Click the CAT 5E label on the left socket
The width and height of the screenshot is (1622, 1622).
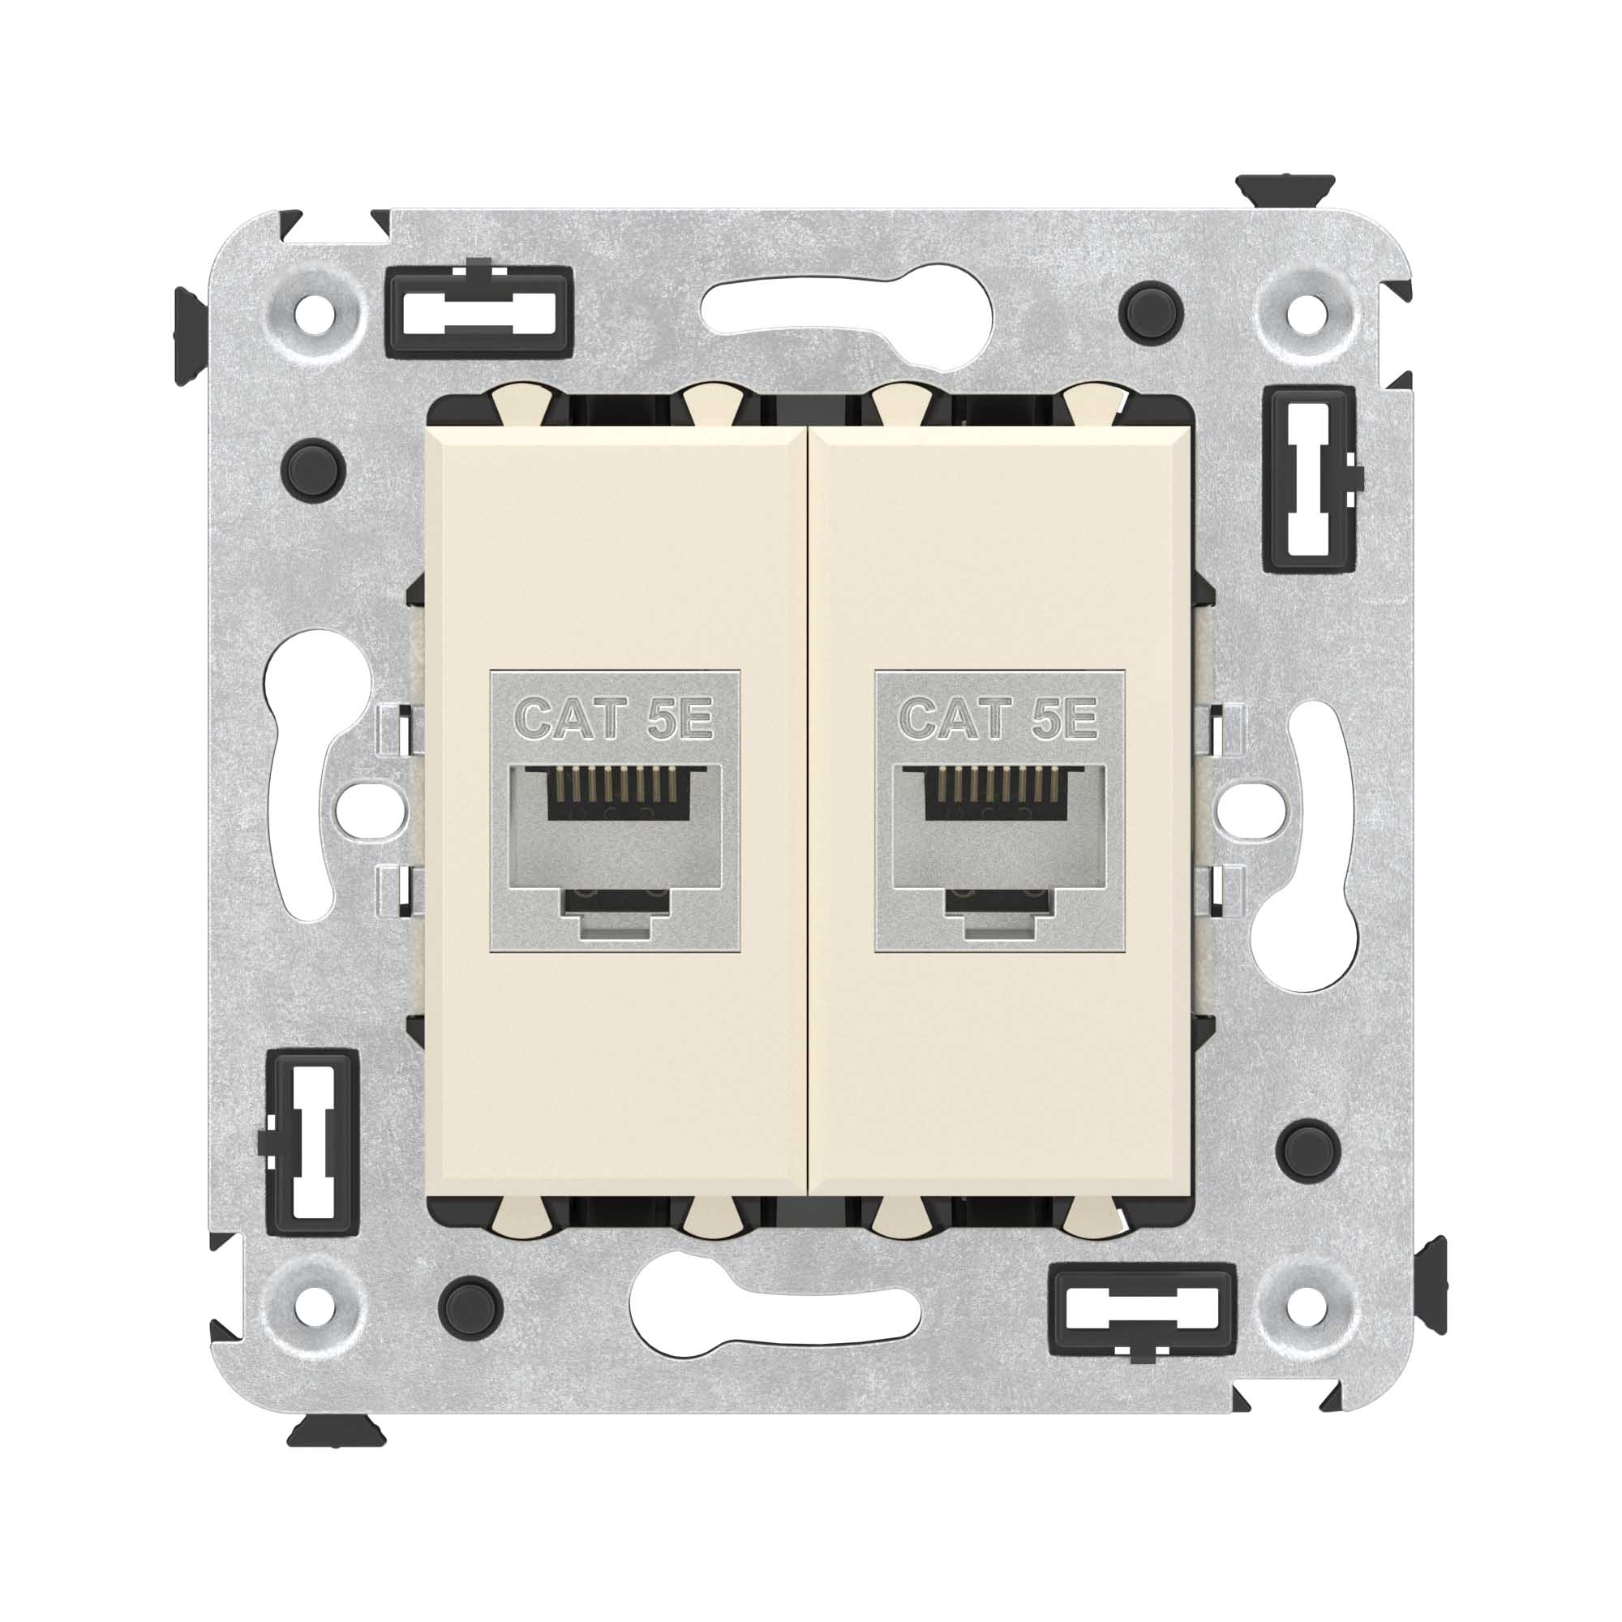pyautogui.click(x=614, y=719)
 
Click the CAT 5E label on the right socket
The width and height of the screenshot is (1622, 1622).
pyautogui.click(x=999, y=719)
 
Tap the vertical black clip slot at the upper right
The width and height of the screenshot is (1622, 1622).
pyautogui.click(x=1310, y=479)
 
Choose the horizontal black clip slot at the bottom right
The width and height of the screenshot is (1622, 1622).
pyautogui.click(x=1144, y=1311)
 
